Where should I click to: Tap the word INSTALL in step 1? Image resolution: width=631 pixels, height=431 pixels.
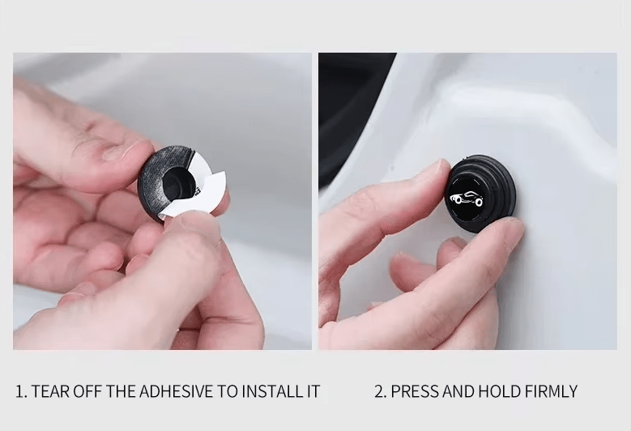(x=267, y=391)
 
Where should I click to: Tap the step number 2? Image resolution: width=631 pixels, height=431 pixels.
(x=380, y=391)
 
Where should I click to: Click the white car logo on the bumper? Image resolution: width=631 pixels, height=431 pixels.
(x=466, y=198)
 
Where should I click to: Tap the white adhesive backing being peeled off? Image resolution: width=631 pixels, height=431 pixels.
(x=203, y=193)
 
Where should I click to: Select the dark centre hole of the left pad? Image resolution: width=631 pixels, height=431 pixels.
(x=178, y=181)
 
